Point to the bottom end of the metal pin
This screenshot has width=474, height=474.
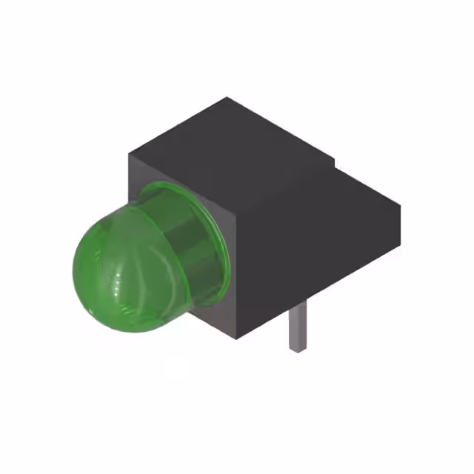(x=297, y=348)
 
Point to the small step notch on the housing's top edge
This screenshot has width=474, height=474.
(x=335, y=164)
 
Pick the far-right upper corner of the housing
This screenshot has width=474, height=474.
(x=401, y=203)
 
